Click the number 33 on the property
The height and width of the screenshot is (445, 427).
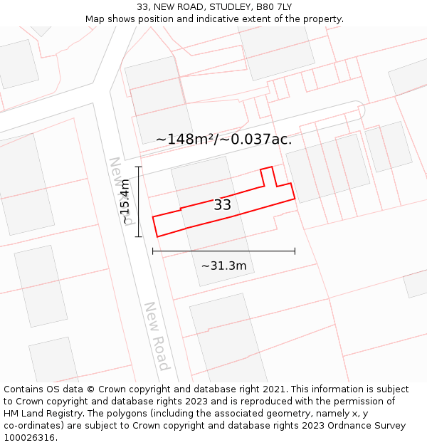[222, 205]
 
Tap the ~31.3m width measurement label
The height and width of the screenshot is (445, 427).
[223, 266]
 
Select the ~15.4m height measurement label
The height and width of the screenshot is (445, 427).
[126, 201]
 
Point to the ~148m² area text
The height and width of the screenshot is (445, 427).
[186, 139]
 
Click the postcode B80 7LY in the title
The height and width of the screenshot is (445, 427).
[273, 7]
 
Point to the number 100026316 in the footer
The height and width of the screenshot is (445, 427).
[31, 437]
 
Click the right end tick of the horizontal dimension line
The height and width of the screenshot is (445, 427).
[295, 251]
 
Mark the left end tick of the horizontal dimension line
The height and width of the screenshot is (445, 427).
[152, 251]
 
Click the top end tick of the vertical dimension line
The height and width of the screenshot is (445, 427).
[139, 167]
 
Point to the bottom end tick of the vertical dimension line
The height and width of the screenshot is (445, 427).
[139, 236]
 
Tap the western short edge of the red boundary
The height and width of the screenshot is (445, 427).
[155, 225]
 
